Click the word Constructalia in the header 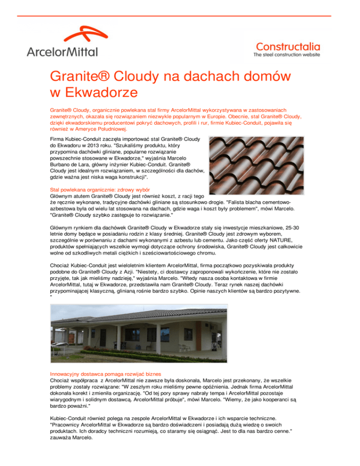(x=288, y=46)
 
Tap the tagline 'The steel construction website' (x=287, y=55)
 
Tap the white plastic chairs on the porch (x=186, y=348)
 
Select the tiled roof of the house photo (x=141, y=319)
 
